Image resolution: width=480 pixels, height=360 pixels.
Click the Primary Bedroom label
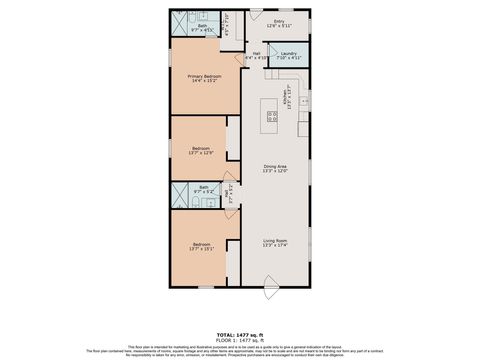pos(204,76)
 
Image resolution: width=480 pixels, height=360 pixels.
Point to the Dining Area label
pos(275,166)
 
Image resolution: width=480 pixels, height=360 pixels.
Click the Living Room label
pos(275,240)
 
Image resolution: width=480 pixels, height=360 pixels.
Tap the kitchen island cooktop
pos(272,119)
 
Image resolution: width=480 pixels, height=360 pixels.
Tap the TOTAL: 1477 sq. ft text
pos(240,333)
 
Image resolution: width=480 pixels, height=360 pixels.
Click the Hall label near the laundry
pos(256,53)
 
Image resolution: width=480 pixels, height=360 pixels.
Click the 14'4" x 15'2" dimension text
pos(204,81)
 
